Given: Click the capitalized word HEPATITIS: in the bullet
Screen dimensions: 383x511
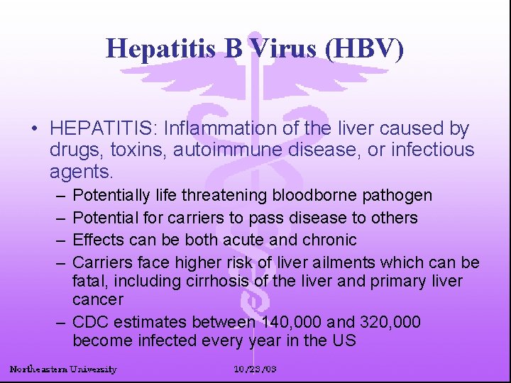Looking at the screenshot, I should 104,129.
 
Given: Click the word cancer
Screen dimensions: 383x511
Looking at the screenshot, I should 98,300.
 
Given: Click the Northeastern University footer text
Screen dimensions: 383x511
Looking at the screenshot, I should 63,369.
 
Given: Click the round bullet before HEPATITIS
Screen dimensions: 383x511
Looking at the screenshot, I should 34,129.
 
